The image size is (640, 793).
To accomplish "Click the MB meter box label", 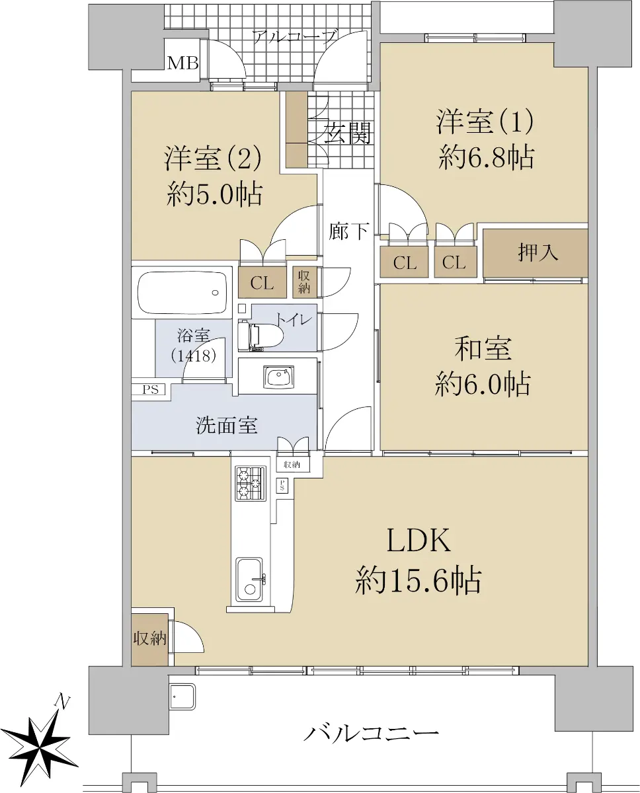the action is (x=183, y=63).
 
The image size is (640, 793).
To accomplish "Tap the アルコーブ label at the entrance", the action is (x=294, y=37).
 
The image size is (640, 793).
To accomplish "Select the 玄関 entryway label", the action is (x=348, y=133).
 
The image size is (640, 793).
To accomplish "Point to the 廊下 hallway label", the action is (x=348, y=231).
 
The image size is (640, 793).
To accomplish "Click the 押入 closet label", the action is (x=538, y=252).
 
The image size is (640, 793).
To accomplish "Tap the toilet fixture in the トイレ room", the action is (x=260, y=335).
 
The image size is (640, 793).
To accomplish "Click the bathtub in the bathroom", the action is (x=182, y=292).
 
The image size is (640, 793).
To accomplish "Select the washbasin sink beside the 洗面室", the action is (x=278, y=377).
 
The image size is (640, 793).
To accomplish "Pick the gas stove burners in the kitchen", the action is (x=251, y=482).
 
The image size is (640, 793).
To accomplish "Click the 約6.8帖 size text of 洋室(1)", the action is (x=486, y=158).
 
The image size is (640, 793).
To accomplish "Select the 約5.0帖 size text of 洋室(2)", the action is (x=215, y=194).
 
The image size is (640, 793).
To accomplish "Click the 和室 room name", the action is (x=483, y=348).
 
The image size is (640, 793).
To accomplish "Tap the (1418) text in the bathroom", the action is (x=193, y=356).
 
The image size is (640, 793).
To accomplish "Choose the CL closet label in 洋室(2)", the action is (x=262, y=283).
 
